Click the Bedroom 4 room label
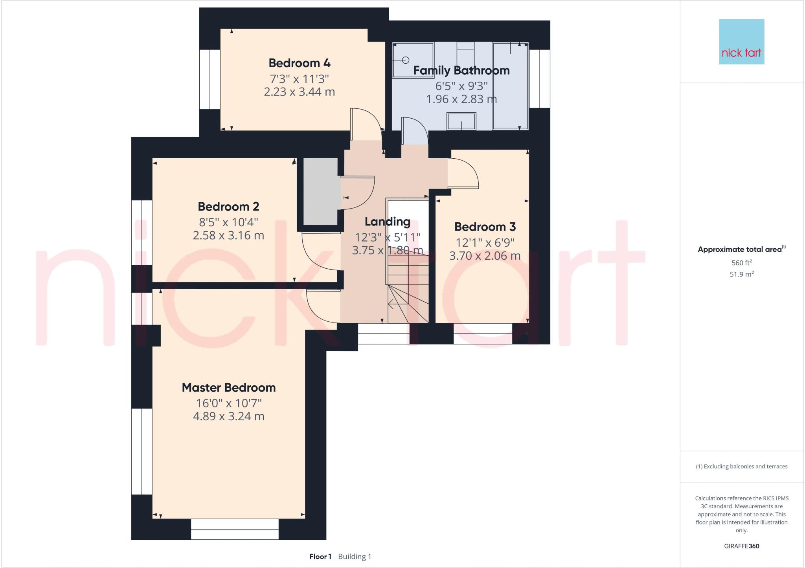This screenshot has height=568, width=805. (x=300, y=63)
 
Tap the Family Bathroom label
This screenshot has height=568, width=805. (x=461, y=71)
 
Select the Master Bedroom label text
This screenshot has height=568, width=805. (x=229, y=388)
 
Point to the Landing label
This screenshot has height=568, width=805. (x=388, y=222)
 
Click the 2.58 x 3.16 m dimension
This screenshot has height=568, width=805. (x=228, y=235)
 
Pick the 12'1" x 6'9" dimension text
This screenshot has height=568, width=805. (x=485, y=243)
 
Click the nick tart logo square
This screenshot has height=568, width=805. (x=741, y=42)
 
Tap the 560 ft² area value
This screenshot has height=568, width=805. (x=741, y=263)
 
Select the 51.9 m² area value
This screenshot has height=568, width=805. (x=741, y=274)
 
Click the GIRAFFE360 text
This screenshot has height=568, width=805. (x=741, y=546)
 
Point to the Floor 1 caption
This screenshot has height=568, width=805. (x=320, y=557)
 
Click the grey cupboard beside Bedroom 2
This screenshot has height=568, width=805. (x=320, y=191)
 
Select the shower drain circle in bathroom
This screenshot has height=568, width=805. (x=406, y=60)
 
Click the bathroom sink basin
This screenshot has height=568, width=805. (x=461, y=121)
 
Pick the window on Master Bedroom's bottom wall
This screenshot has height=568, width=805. (x=235, y=529)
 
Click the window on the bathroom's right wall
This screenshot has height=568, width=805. (x=539, y=79)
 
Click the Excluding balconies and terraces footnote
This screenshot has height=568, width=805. (x=741, y=467)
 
